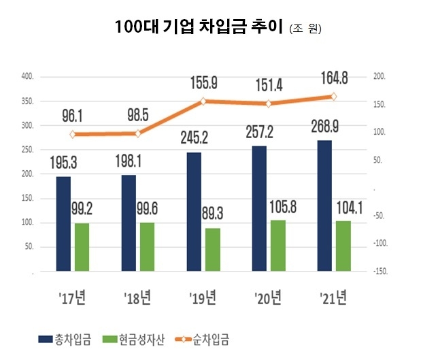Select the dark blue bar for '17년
(x=63, y=224)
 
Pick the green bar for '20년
(x=277, y=246)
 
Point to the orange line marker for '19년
(x=203, y=101)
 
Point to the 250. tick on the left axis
(x=27, y=150)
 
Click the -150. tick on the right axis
(x=378, y=271)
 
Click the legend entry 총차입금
(x=68, y=338)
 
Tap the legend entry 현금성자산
(x=139, y=338)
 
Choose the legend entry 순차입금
(x=212, y=338)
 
